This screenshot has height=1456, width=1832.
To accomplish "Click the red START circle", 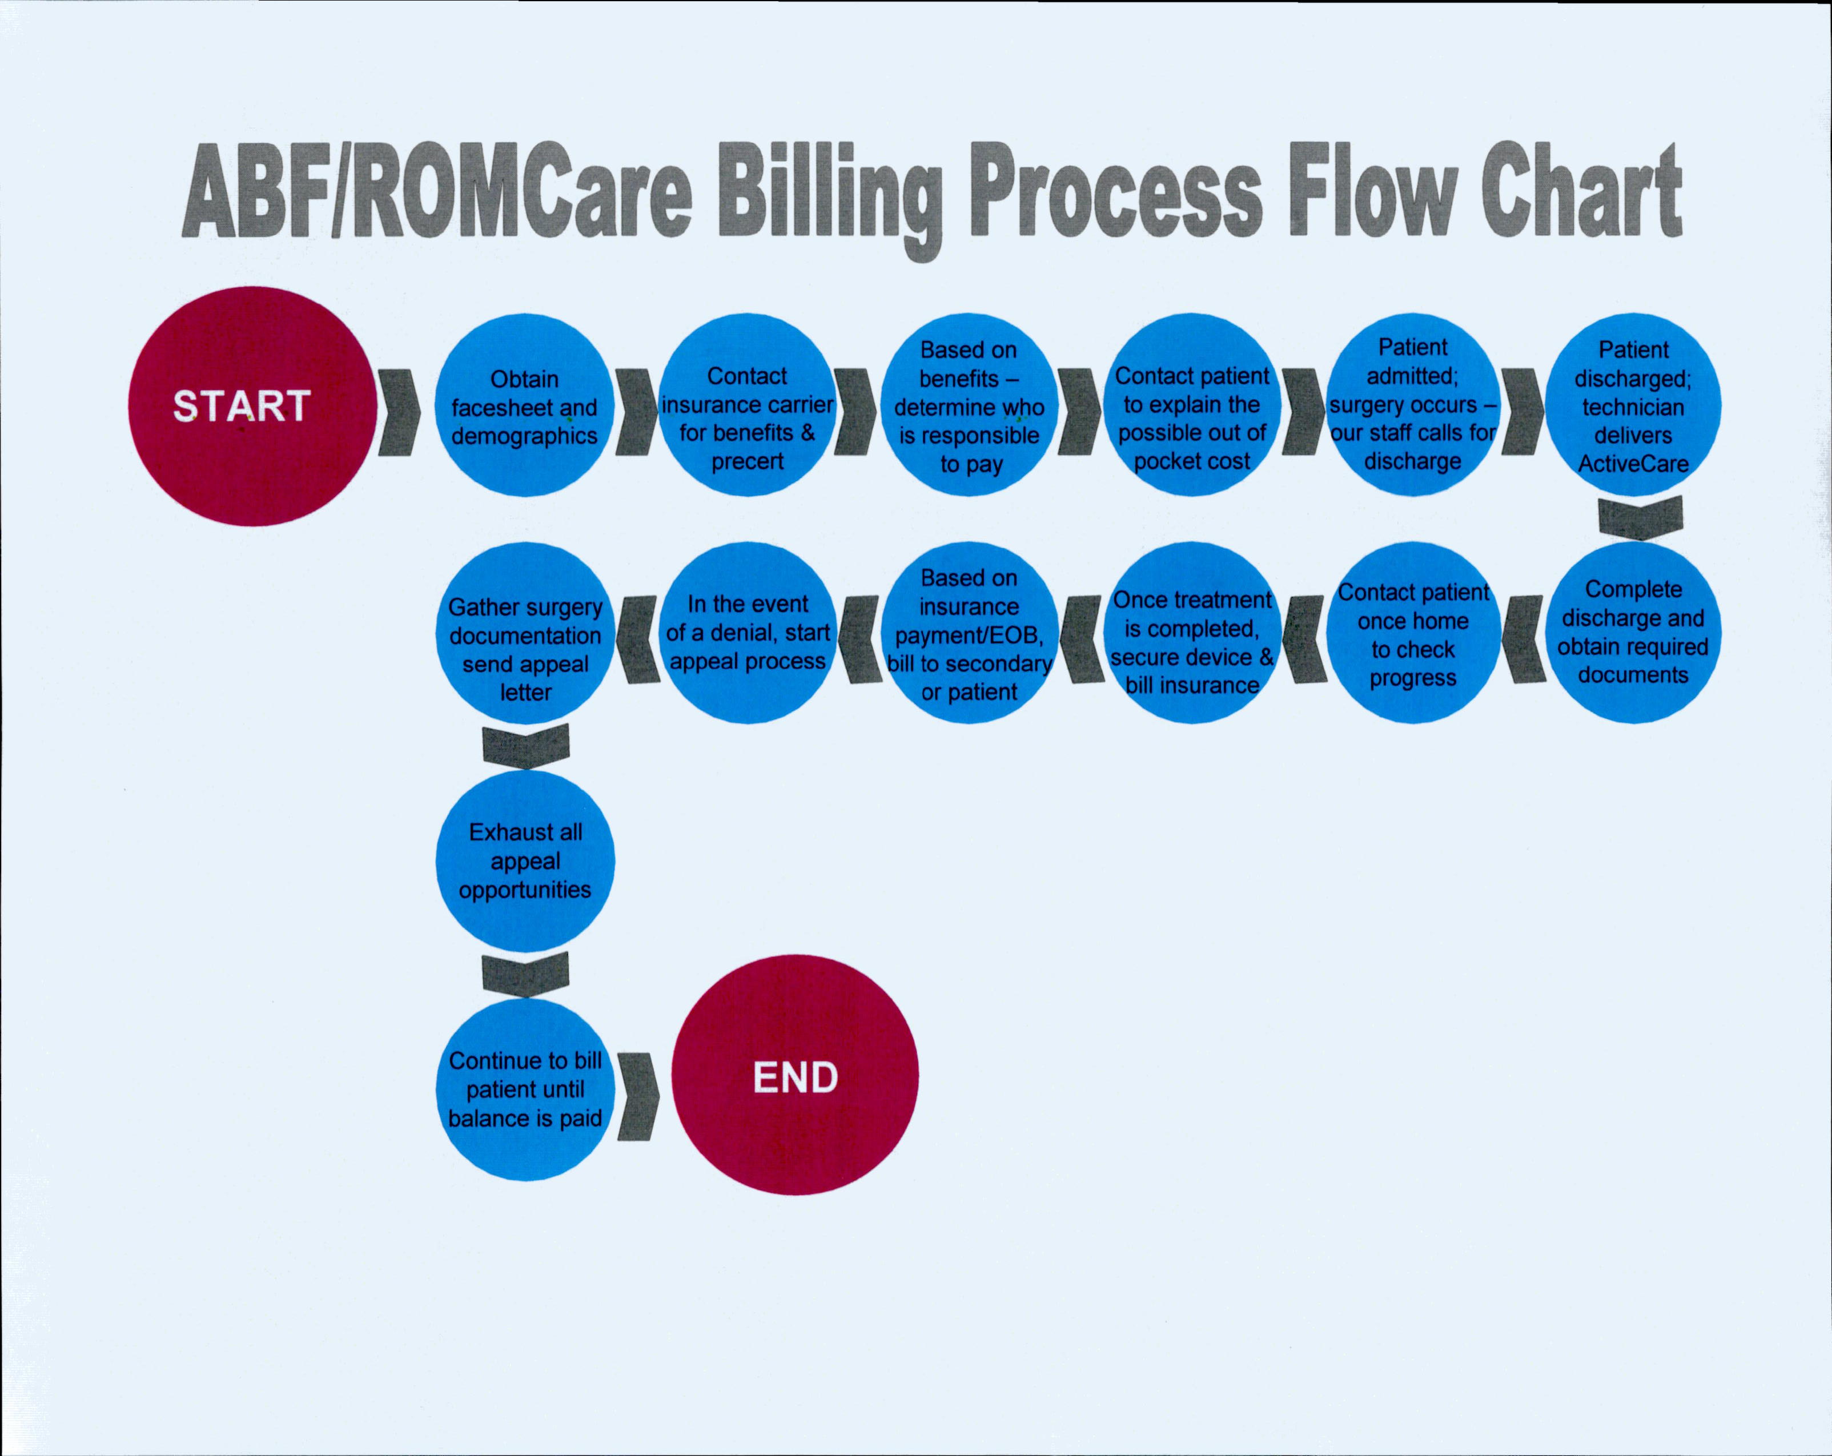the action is tap(252, 406).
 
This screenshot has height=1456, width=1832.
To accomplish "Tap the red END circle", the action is tap(796, 1075).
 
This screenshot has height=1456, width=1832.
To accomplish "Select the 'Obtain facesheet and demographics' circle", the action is tap(525, 406).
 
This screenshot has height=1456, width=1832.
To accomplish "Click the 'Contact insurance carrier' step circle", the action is tap(748, 405).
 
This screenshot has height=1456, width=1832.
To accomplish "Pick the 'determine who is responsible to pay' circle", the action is tap(970, 405).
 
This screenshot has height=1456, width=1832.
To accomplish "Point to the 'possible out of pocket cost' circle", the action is tap(1192, 405).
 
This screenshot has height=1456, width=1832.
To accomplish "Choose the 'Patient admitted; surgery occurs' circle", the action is tap(1413, 405).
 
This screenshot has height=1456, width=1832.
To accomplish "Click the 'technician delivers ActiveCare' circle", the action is tap(1633, 405).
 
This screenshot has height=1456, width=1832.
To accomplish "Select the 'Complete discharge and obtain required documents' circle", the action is tap(1633, 633).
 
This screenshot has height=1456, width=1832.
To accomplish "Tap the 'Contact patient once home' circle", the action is tap(1413, 633).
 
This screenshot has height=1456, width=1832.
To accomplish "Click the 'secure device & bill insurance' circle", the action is tap(1192, 633).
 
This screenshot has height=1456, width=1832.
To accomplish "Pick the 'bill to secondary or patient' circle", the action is tap(970, 633).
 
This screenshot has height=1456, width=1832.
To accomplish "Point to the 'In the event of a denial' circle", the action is tap(748, 633).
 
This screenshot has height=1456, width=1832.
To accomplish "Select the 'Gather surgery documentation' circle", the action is tap(525, 633).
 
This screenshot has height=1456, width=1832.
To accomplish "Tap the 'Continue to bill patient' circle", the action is tap(525, 1090).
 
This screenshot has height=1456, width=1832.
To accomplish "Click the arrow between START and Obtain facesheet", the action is tap(399, 412).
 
